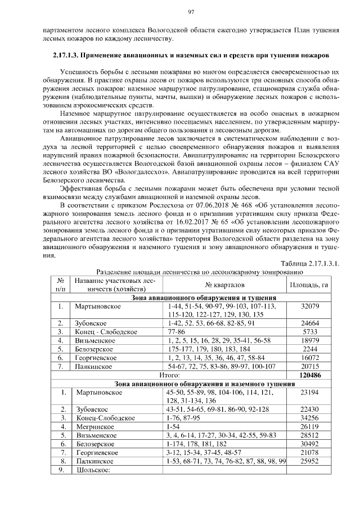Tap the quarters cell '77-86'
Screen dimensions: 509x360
[177, 332]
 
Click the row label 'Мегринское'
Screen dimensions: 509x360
[93, 427]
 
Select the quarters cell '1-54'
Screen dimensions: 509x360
[174, 427]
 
